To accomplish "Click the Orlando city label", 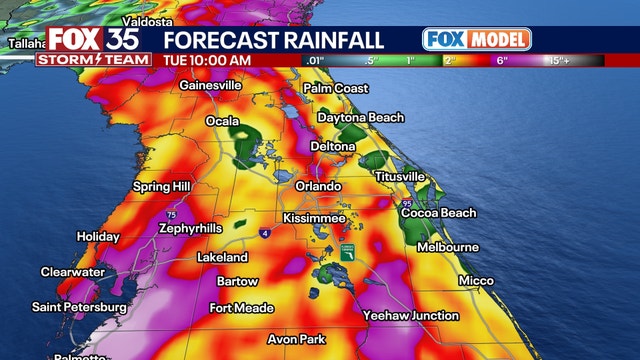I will [320, 187].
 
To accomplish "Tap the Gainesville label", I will [210, 86].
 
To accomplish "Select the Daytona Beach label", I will [361, 118].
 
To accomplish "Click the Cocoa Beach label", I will [438, 213].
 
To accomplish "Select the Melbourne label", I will [448, 247].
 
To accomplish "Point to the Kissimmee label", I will [314, 218].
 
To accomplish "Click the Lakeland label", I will [222, 257].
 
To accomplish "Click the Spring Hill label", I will [164, 187].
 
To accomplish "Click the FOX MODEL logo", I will [476, 39].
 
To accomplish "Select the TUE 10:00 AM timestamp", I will [207, 59].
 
